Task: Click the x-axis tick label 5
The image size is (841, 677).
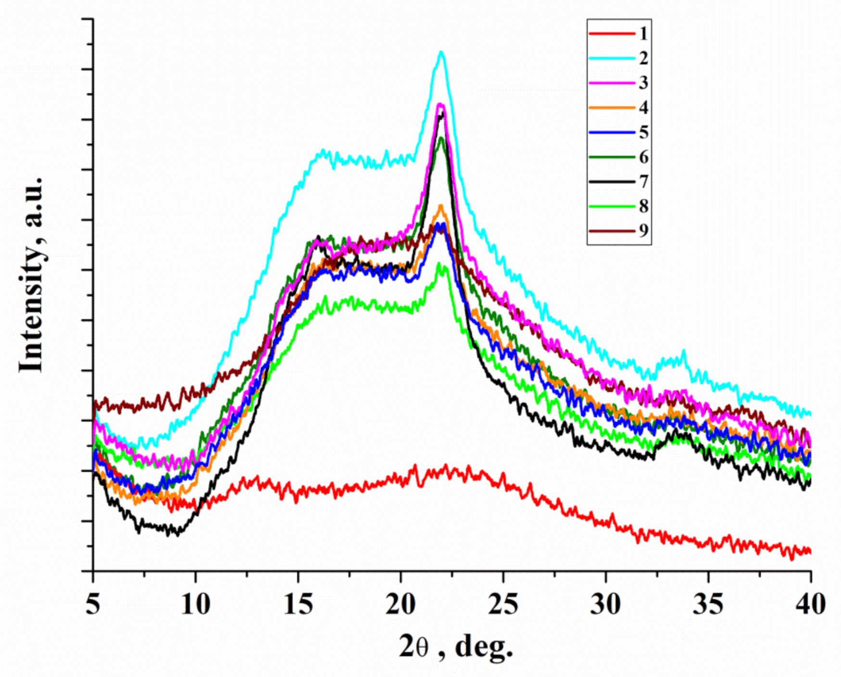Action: [93, 605]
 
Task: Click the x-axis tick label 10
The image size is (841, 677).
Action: [196, 605]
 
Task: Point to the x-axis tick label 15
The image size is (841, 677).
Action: [298, 605]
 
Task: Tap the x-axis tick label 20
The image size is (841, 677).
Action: [401, 605]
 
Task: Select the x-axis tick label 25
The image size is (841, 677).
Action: [503, 605]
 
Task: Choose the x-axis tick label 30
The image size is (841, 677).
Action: [606, 605]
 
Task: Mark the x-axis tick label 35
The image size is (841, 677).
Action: [708, 605]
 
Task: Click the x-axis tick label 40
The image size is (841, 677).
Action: [811, 605]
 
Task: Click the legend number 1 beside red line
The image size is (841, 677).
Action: [643, 33]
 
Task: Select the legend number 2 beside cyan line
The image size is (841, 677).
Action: [643, 58]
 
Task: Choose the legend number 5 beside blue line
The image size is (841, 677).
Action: [643, 132]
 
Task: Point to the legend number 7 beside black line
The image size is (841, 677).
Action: [643, 182]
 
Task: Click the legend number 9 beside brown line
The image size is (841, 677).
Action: [643, 231]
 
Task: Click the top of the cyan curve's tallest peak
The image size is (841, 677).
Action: [441, 51]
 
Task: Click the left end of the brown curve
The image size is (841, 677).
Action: [94, 403]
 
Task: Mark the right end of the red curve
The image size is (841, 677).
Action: [810, 551]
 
